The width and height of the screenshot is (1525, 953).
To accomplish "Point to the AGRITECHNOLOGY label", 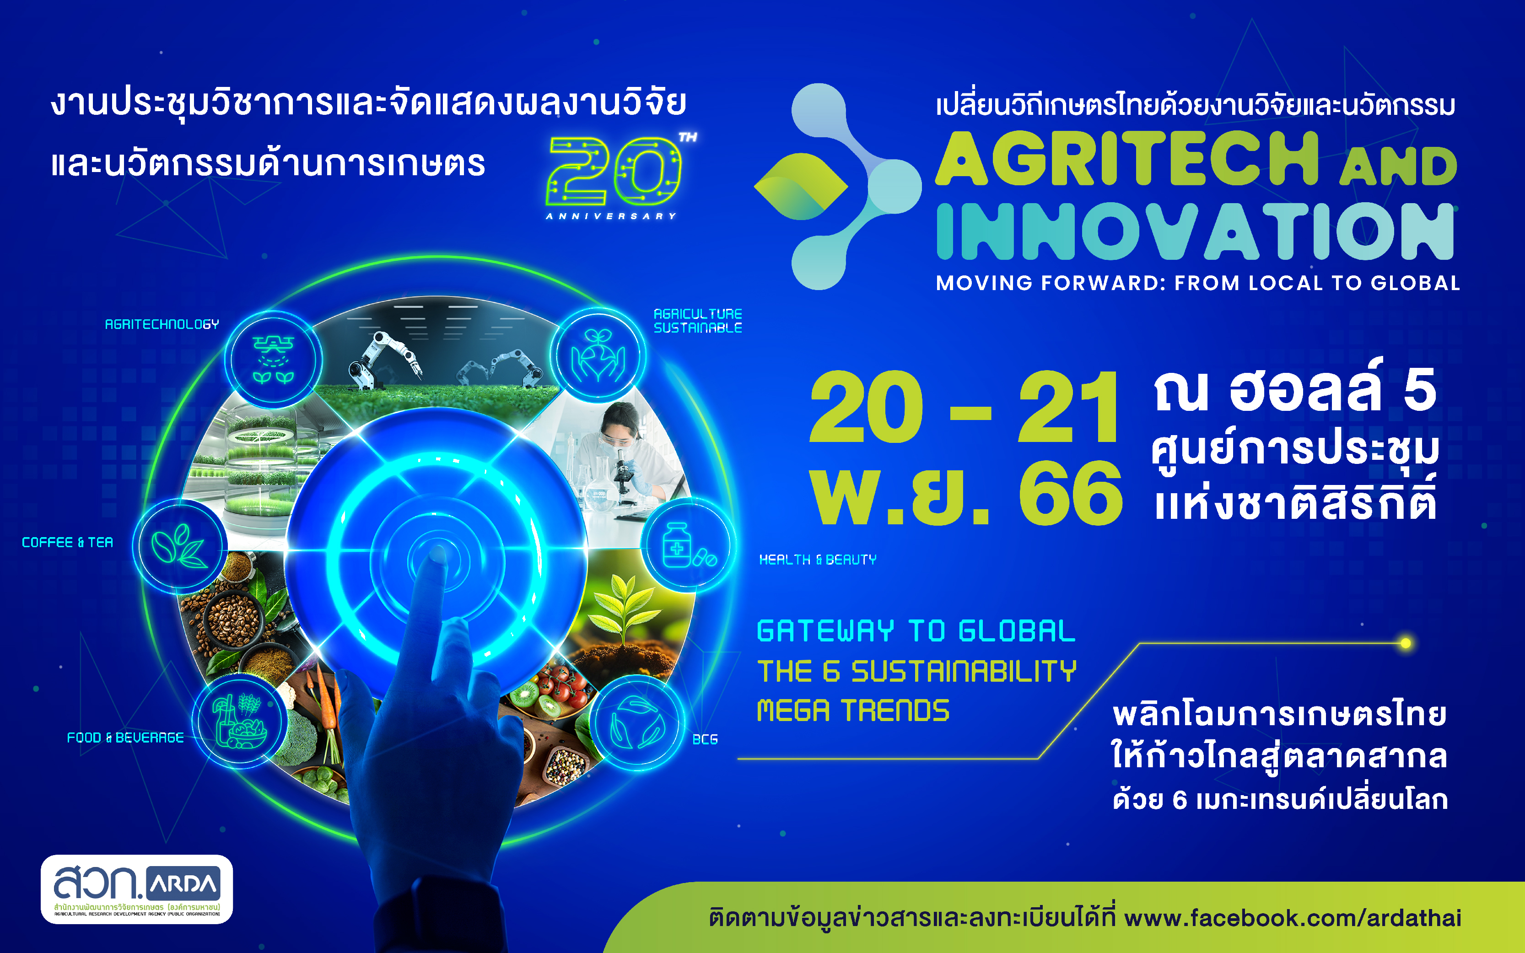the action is pyautogui.click(x=162, y=324).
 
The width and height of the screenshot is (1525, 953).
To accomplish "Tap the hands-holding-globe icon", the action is pyautogui.click(x=598, y=356).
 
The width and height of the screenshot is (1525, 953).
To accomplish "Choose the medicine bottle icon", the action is pyautogui.click(x=688, y=544).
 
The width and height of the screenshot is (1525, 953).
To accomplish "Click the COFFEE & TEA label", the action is pyautogui.click(x=67, y=543).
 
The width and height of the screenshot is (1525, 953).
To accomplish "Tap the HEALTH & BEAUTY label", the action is pyautogui.click(x=817, y=560).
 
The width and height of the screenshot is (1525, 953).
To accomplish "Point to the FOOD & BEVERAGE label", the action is pyautogui.click(x=125, y=738).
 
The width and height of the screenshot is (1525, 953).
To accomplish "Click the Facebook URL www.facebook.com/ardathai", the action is pyautogui.click(x=1293, y=918).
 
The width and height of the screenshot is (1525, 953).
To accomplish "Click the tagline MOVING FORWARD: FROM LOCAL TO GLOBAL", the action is pyautogui.click(x=1198, y=283).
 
